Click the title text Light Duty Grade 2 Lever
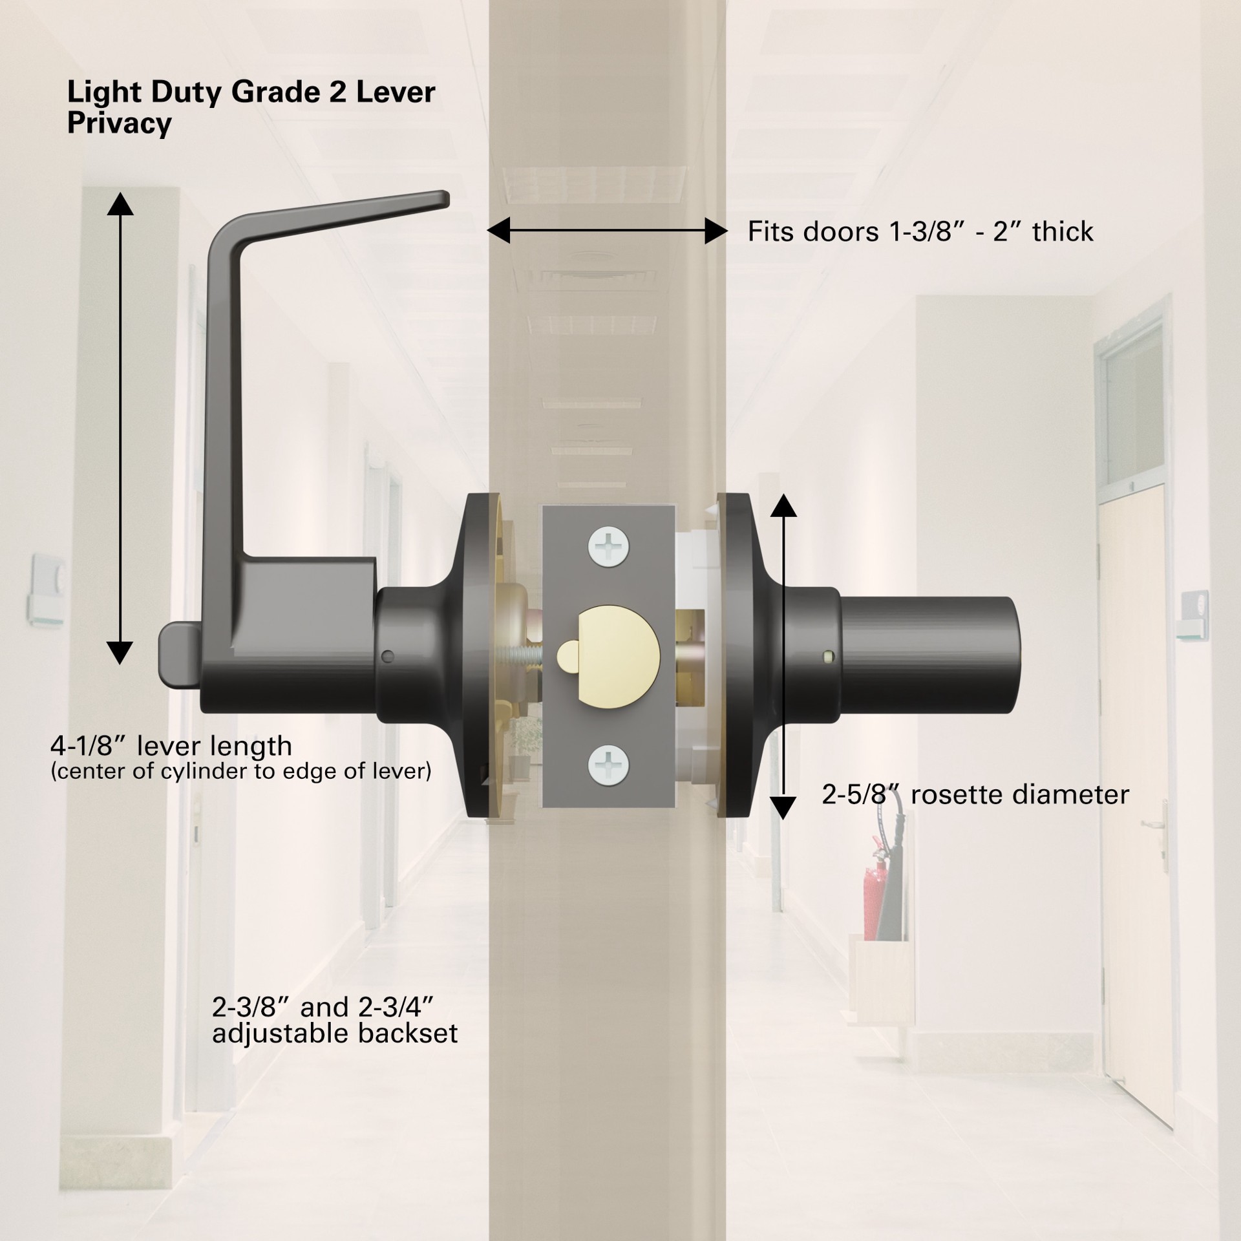point(251,93)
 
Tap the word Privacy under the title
point(120,123)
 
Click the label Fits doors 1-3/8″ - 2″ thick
point(920,231)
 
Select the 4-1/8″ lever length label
point(171,747)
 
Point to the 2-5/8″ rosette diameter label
point(975,794)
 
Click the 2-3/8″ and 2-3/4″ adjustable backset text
point(335,1020)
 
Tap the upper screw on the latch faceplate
point(608,547)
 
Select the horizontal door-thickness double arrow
point(607,231)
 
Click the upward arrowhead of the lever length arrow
point(120,204)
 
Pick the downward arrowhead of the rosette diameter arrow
point(783,808)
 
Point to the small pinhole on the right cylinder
point(827,657)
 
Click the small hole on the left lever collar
point(388,657)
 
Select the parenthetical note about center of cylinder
point(241,771)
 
